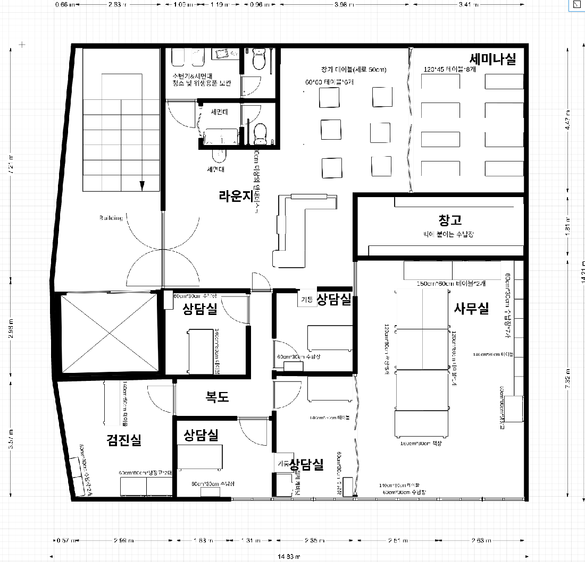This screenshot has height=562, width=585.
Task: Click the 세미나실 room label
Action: (x=492, y=59)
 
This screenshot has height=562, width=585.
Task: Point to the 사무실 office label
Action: (x=471, y=308)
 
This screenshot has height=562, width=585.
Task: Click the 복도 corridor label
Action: (x=217, y=396)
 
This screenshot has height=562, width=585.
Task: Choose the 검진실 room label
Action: (x=124, y=440)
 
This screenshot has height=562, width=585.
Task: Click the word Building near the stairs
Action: (x=111, y=218)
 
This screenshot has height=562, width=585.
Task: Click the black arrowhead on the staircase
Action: (x=142, y=185)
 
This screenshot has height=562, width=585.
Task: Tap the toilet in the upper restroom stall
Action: (x=259, y=59)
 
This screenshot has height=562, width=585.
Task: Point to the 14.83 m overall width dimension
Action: (x=289, y=557)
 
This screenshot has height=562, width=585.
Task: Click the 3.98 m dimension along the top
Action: (x=346, y=5)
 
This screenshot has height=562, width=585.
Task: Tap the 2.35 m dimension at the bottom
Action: (x=314, y=541)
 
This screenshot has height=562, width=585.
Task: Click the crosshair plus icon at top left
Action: (x=22, y=44)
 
